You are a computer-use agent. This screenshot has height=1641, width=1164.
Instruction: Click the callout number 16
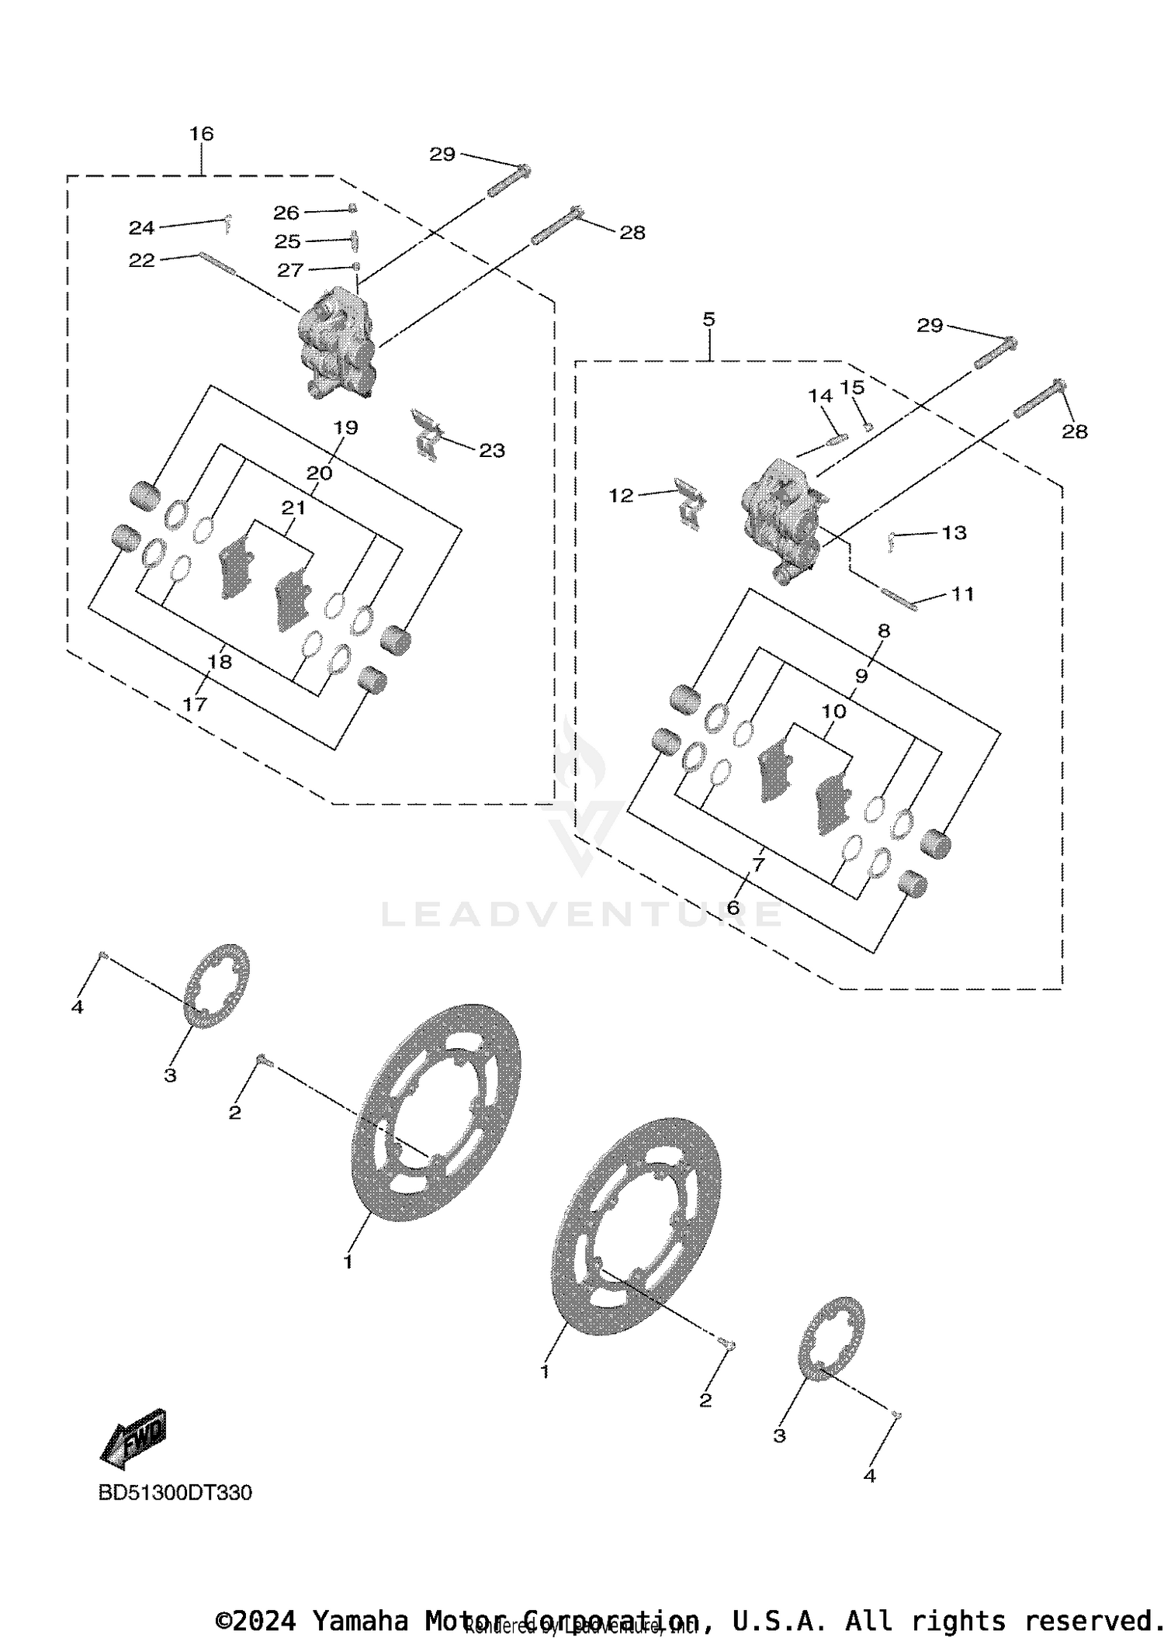click(201, 133)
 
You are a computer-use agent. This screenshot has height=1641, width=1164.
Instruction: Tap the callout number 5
click(708, 320)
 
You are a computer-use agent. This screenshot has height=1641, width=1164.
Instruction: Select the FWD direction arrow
click(134, 1438)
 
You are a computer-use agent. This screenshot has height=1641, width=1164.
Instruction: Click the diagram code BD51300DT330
click(175, 1492)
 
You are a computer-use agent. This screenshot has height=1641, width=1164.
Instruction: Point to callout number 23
click(492, 450)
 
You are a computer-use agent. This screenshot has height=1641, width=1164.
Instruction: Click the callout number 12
click(621, 495)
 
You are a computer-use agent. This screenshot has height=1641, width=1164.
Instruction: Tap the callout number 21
click(293, 508)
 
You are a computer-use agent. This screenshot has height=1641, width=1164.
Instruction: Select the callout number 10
click(833, 711)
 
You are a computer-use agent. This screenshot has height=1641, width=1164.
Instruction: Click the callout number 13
click(954, 532)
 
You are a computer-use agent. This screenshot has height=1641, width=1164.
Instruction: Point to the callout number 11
click(962, 594)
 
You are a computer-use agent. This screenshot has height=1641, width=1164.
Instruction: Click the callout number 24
click(141, 227)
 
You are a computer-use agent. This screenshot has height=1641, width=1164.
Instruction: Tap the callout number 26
click(286, 212)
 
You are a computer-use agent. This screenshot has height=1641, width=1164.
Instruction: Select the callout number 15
click(852, 386)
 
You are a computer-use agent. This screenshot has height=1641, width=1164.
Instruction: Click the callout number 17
click(195, 704)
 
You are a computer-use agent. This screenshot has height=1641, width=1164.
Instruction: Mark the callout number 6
click(733, 906)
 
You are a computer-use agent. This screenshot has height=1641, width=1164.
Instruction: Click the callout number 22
click(141, 260)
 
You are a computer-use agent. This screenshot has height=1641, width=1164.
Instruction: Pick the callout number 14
click(819, 396)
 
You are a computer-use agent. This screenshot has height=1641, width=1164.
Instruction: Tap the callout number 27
click(289, 269)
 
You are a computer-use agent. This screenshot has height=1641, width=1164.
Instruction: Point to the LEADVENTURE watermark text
click(582, 914)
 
